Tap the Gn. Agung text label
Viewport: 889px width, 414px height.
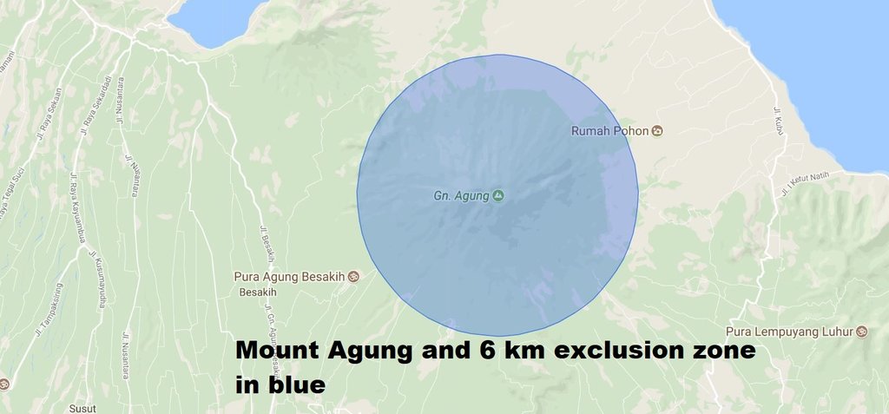point(461,196)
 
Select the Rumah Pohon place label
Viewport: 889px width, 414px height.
point(609,131)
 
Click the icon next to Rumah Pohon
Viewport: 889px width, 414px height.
point(657,131)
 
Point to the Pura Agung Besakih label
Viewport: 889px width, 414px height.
point(289,278)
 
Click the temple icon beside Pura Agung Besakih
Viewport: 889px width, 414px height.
point(353,278)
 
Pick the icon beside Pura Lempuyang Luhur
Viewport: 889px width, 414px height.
point(861,332)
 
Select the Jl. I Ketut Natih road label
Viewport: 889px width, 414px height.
point(805,181)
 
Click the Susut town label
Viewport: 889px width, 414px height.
point(85,406)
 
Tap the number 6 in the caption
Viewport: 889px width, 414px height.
point(484,352)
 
